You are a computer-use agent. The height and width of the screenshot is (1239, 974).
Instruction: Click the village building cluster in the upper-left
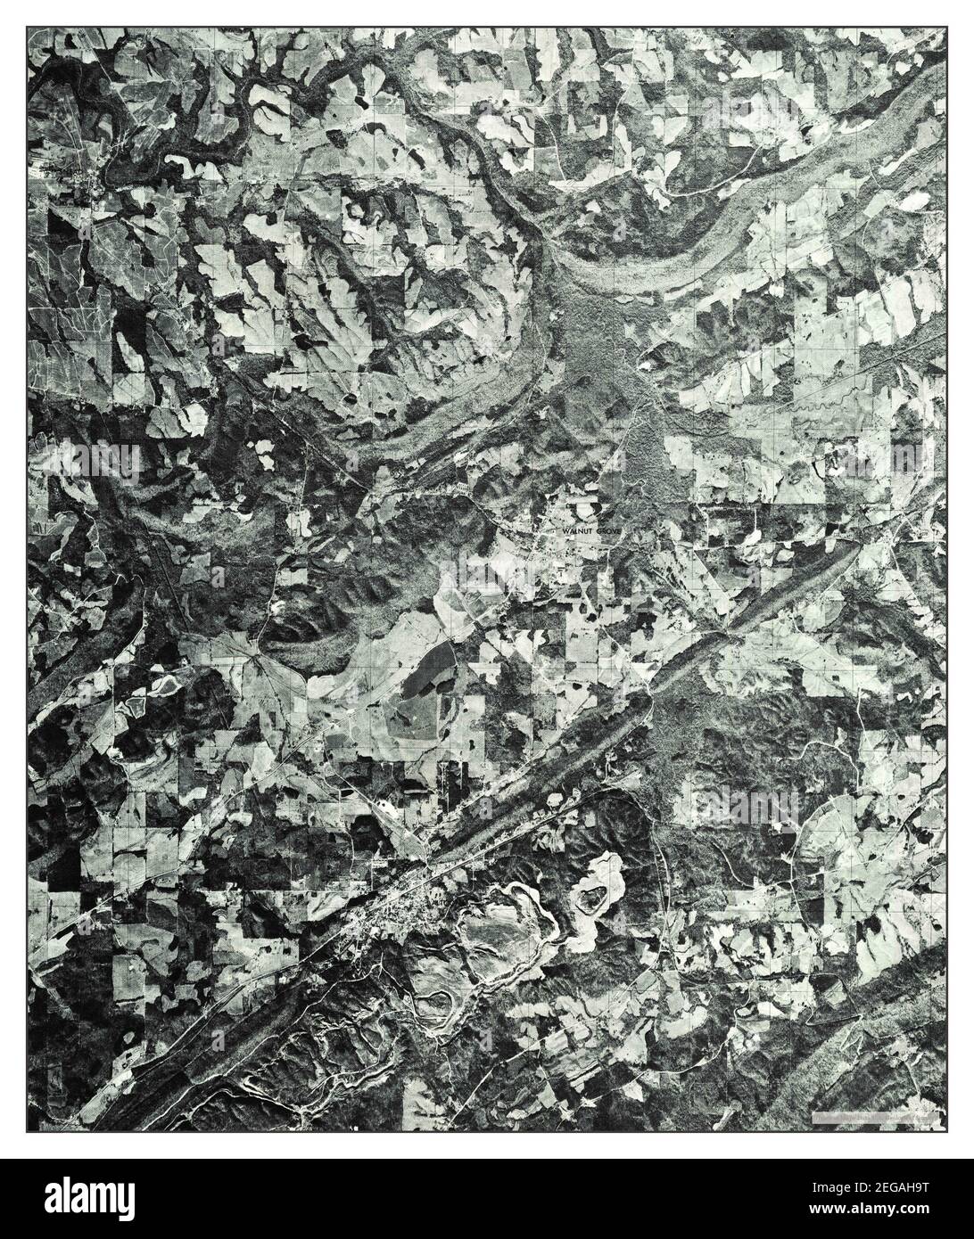point(89,178)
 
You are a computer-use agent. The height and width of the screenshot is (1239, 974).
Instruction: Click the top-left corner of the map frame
point(26,26)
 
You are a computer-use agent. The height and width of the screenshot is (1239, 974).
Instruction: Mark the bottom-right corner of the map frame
point(948,1133)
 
